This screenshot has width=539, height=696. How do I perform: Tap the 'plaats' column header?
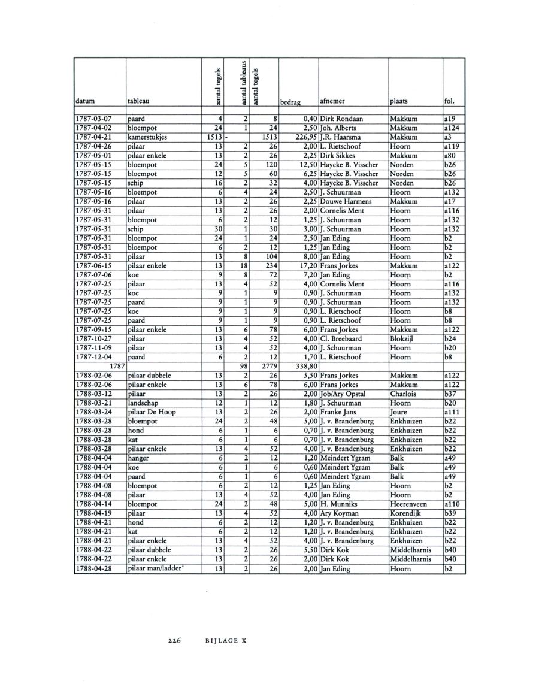pyautogui.click(x=400, y=101)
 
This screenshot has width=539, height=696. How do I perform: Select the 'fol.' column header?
pyautogui.click(x=451, y=101)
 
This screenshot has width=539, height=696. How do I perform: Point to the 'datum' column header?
pyautogui.click(x=86, y=101)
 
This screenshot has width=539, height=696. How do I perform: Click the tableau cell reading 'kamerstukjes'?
pyautogui.click(x=147, y=137)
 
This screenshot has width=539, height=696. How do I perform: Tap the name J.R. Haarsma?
pyautogui.click(x=343, y=137)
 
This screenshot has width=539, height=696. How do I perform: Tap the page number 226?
pyautogui.click(x=175, y=639)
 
